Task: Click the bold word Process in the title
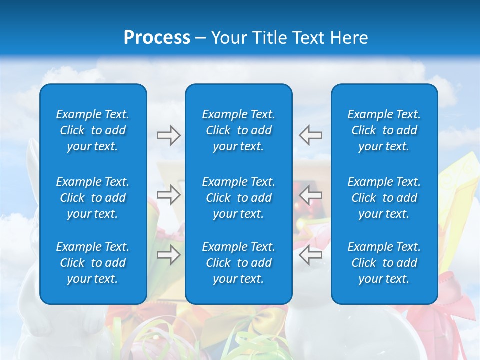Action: [x=157, y=37]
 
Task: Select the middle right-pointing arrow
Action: [x=168, y=195]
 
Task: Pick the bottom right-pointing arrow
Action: [x=168, y=255]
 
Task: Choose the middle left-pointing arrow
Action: [x=311, y=195]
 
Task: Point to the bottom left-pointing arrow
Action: [x=311, y=255]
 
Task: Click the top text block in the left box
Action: [x=93, y=130]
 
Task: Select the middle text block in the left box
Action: [x=93, y=198]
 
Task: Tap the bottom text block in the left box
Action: [x=93, y=263]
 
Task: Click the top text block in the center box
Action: [x=238, y=130]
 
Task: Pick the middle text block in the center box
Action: [x=238, y=198]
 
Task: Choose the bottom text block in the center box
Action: [x=238, y=263]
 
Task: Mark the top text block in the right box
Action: [x=384, y=130]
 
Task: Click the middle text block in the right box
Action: [x=384, y=198]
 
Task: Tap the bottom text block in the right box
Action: [x=384, y=263]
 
